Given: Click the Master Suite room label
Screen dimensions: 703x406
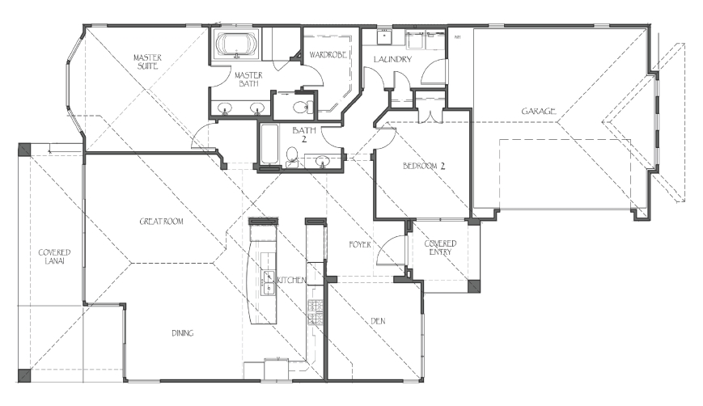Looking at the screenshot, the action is (147, 61).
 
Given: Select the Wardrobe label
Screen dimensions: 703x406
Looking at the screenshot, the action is (328, 55).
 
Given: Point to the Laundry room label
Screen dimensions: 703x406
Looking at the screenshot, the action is (392, 59).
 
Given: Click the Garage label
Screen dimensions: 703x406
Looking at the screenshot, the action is (539, 111).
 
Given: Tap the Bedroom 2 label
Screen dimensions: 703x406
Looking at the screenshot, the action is (424, 167).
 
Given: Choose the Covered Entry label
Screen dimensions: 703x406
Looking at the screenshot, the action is (440, 247).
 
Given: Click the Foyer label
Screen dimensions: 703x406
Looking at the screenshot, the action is (360, 245).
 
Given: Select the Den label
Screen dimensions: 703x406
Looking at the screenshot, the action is (378, 321).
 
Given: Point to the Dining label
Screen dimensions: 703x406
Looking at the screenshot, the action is (183, 333).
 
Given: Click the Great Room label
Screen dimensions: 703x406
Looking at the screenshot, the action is (162, 222).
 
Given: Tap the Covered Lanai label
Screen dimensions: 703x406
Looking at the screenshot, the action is (54, 256).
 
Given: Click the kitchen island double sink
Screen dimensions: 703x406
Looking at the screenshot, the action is (268, 283).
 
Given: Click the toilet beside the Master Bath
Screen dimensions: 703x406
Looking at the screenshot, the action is (303, 107).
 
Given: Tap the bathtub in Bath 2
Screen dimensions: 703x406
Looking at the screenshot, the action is (269, 145).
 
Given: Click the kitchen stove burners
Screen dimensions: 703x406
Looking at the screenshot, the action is (316, 312).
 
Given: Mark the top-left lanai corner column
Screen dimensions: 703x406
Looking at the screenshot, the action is (24, 150).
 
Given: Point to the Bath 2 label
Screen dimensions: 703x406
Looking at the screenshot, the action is (304, 134).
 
